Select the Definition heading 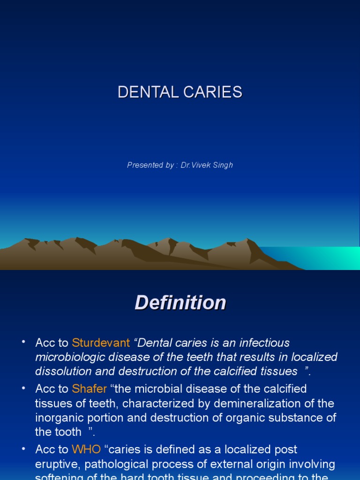(x=180, y=303)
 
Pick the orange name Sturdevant (x=101, y=343)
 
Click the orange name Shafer (x=90, y=389)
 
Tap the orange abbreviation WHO (x=86, y=450)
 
